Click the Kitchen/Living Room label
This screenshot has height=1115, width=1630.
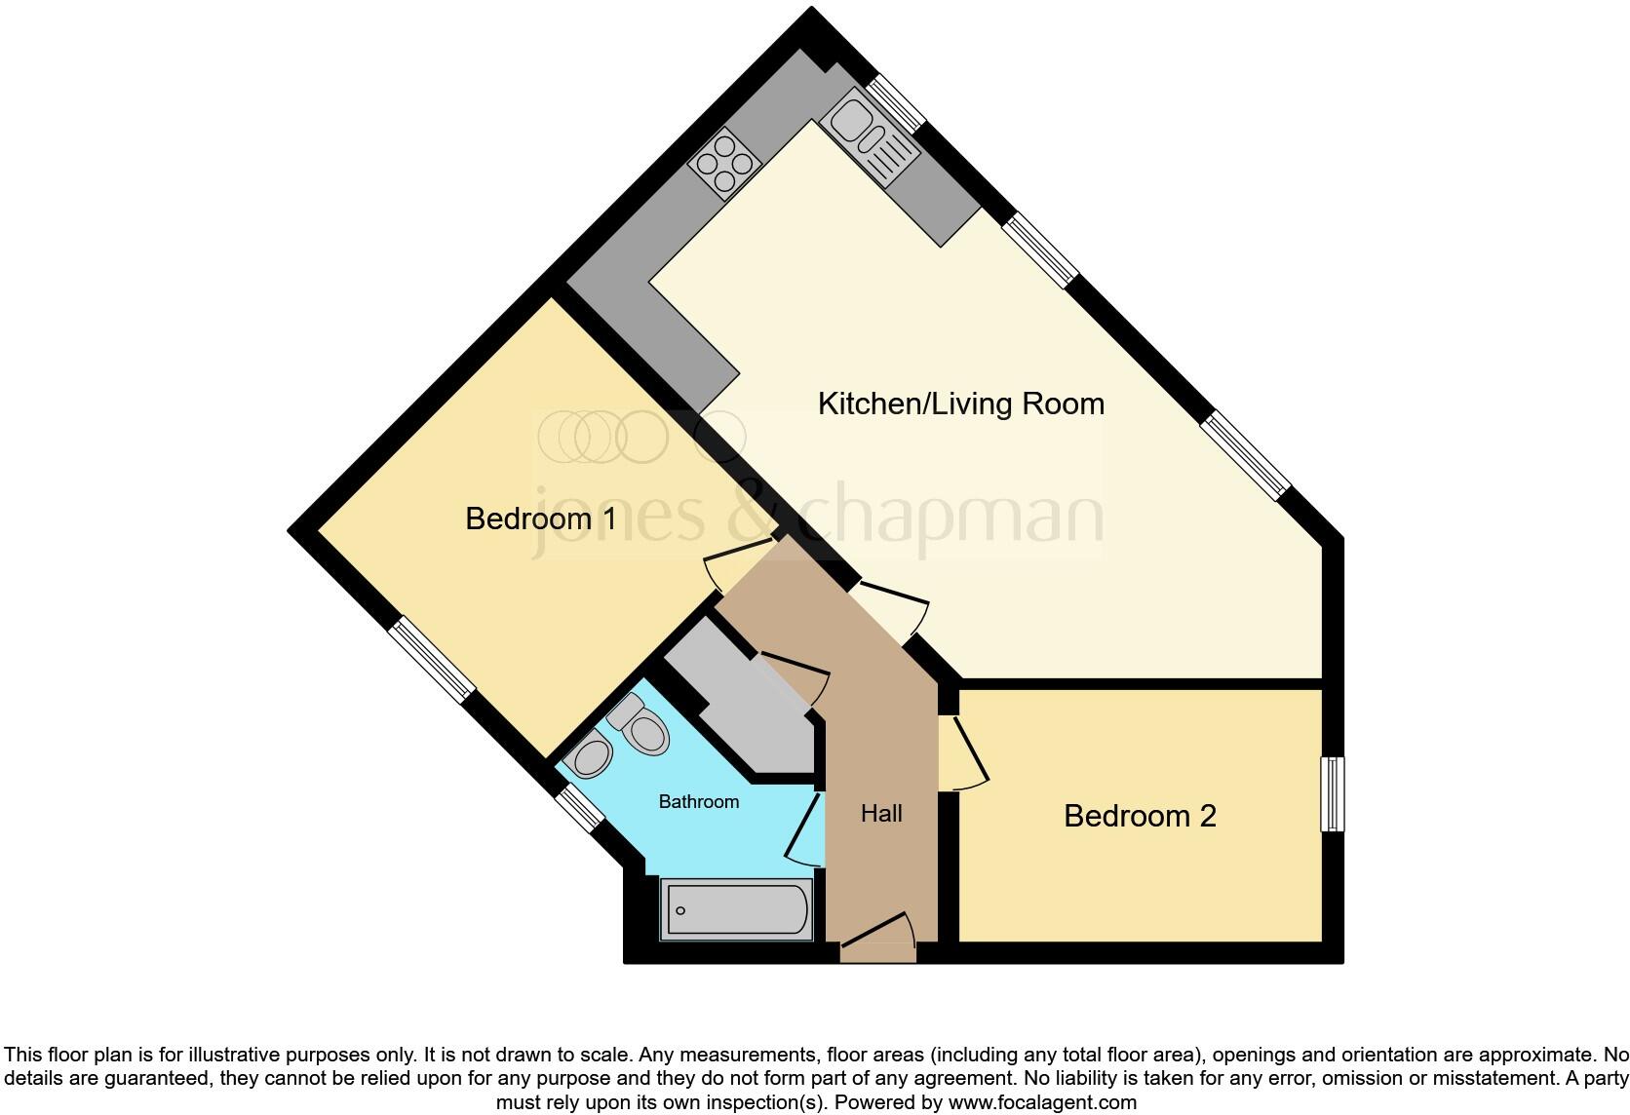pos(960,404)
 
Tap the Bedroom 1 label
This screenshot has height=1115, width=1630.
pos(540,519)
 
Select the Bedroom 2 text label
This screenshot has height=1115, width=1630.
pos(1140,816)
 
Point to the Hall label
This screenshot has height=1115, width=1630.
pos(881,814)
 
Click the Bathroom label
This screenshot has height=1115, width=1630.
pos(698,802)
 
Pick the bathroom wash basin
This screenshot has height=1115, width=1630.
pos(591,755)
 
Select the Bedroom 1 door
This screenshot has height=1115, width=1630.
pos(738,567)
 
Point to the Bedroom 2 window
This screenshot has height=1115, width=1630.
pos(1332,793)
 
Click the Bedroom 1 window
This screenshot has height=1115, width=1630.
pos(432,659)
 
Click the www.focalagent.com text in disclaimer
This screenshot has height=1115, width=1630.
pos(1043,1103)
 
